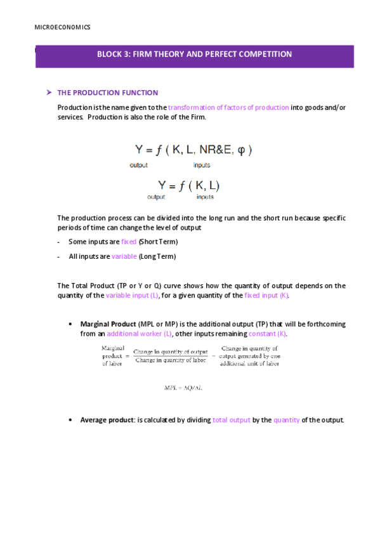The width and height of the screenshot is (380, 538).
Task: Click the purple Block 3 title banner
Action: pos(194,55)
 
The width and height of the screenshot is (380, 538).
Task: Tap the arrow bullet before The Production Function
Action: pos(48,93)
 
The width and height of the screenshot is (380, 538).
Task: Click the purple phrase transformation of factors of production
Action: pos(228,107)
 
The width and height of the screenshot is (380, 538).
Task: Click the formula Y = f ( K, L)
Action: pos(189,185)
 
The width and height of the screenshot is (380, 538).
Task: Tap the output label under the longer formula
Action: pos(138,165)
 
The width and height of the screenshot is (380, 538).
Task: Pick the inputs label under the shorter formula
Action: pos(205,197)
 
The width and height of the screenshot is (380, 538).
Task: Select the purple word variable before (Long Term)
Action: pos(124,256)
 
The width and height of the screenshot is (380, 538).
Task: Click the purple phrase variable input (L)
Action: pos(132,296)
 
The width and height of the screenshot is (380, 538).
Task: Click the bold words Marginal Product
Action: pos(108,324)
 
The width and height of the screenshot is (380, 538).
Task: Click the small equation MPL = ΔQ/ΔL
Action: pos(183,387)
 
